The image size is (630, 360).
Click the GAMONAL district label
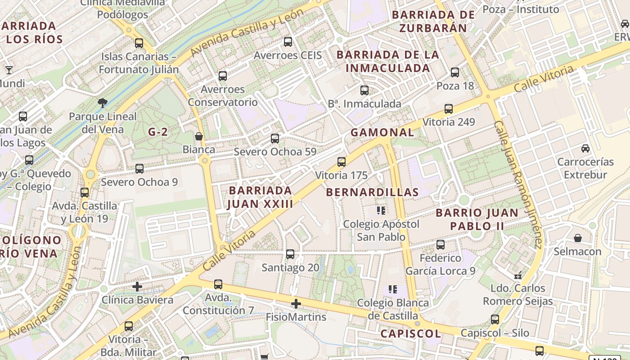click(x=382, y=132)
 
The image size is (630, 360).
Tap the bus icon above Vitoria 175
click(x=342, y=162)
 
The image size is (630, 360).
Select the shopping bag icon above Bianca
click(x=198, y=136)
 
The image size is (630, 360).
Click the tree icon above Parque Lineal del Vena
click(x=103, y=103)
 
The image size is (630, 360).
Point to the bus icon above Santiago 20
click(x=290, y=254)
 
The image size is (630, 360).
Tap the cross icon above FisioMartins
click(x=296, y=304)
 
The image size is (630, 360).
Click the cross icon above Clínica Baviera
click(x=137, y=287)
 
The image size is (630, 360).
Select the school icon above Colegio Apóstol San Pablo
click(x=381, y=211)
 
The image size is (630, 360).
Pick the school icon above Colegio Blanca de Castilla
click(x=393, y=289)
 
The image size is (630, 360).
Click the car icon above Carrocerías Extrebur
click(x=585, y=148)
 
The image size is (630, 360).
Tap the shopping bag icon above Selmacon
click(x=578, y=238)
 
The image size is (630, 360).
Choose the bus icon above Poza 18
click(x=455, y=72)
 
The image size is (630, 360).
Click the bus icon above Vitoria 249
click(x=449, y=109)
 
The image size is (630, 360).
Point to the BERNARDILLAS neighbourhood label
click(x=372, y=192)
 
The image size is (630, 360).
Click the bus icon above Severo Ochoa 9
click(x=139, y=169)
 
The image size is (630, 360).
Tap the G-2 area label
click(x=158, y=132)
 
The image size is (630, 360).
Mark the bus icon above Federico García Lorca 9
click(x=441, y=245)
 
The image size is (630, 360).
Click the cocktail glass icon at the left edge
click(x=9, y=70)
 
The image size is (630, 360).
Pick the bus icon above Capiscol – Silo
click(x=495, y=319)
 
